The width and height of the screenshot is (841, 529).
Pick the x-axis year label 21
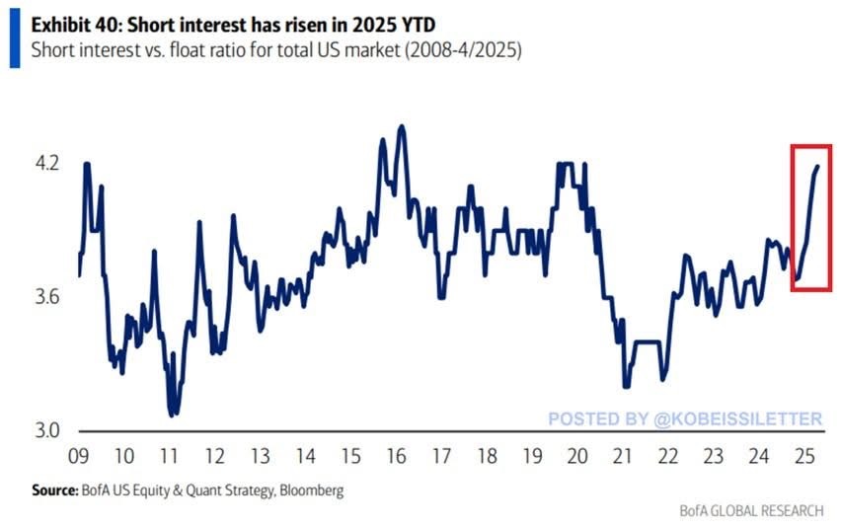pyautogui.click(x=623, y=457)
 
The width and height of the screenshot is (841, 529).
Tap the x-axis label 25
pyautogui.click(x=804, y=457)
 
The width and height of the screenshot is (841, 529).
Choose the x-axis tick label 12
pyautogui.click(x=214, y=457)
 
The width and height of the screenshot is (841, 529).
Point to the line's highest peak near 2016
pyautogui.click(x=401, y=126)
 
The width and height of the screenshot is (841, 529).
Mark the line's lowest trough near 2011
pyautogui.click(x=172, y=416)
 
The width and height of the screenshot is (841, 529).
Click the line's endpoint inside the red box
pyautogui.click(x=818, y=167)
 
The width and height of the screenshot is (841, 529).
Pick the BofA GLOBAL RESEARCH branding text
pyautogui.click(x=751, y=510)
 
